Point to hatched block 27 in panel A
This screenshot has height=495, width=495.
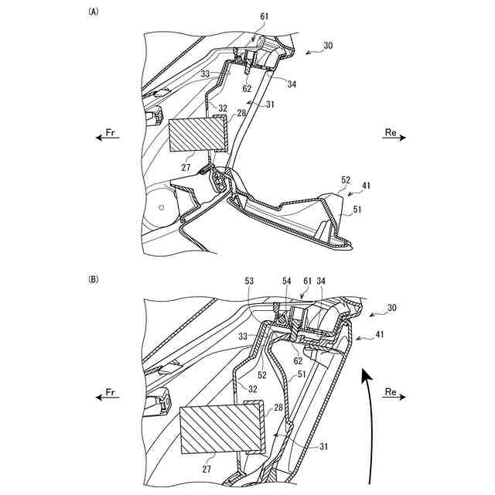197,136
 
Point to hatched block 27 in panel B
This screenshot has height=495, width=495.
220,428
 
